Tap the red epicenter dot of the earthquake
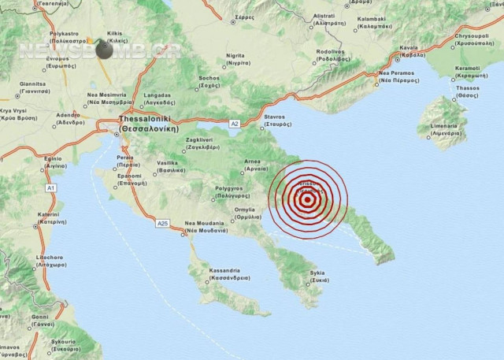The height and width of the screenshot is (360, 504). tap(306, 200)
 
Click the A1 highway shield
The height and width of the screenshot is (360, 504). tap(51, 189)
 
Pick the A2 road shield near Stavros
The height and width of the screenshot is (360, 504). tap(234, 124)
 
